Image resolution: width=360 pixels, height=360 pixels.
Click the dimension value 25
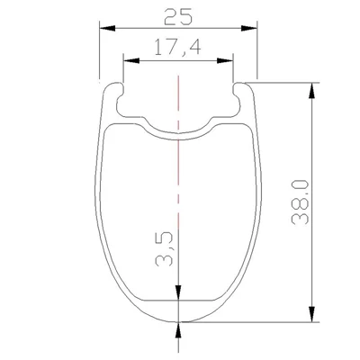[178, 16]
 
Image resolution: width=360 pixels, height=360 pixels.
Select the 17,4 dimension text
[177, 48]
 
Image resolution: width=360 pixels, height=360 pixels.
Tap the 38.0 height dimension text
[300, 202]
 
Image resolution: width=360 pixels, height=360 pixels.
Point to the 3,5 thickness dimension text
[165, 248]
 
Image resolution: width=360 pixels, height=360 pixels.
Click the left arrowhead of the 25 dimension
[107, 28]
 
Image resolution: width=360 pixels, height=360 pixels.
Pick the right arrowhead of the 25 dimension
[249, 28]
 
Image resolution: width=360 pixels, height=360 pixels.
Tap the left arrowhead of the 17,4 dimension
[131, 60]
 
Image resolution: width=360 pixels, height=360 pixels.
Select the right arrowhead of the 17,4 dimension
[225, 60]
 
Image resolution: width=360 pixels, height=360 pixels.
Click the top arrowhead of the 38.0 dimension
[312, 90]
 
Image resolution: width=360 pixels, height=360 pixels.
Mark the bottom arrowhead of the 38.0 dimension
[312, 314]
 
